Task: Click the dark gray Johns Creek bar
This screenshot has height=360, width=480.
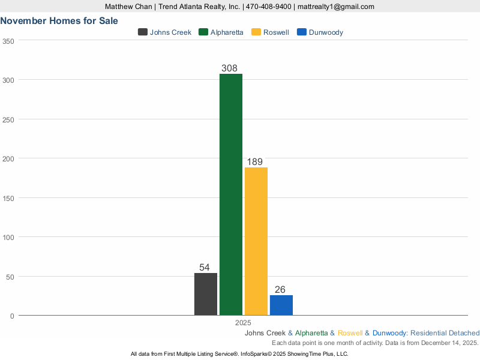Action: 206,294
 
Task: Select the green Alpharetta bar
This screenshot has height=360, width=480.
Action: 231,194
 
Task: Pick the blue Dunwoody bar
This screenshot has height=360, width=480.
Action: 281,305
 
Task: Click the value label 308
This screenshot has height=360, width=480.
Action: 229,68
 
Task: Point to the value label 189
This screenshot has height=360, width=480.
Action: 255,162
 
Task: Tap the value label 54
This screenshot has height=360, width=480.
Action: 205,268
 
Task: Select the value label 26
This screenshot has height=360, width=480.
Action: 280,289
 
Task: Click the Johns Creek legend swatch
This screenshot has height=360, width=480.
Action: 143,32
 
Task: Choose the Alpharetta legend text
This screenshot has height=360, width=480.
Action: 227,32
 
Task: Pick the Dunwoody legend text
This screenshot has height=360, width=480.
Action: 326,32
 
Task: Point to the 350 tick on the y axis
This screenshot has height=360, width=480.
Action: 8,41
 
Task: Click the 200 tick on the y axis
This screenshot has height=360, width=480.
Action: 8,158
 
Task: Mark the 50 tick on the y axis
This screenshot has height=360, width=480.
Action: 10,277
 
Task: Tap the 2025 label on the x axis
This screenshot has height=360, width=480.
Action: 243,322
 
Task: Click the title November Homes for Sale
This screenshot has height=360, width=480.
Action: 59,20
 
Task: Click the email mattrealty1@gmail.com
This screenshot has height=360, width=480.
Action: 336,7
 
